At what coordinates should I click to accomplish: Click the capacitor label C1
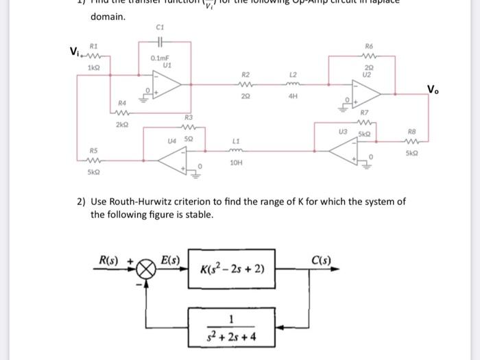coord(160,28)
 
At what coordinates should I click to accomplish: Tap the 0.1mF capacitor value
coord(160,60)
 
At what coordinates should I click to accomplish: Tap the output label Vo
coord(433,89)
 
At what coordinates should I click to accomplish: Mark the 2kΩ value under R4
coord(121,126)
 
